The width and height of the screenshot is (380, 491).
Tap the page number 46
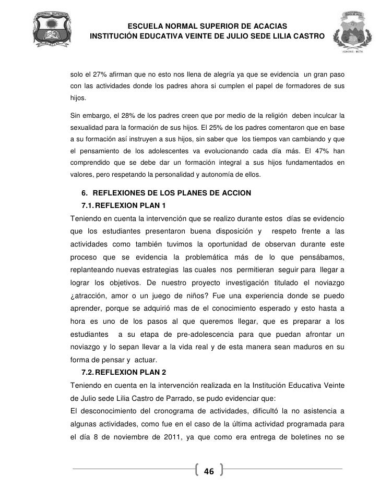209,472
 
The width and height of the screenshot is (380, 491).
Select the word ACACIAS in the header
264,27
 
